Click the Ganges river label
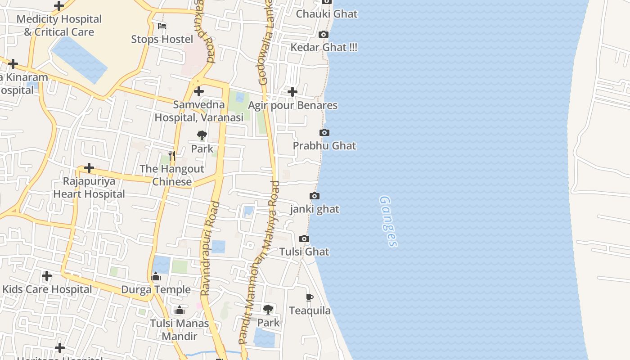coord(388,221)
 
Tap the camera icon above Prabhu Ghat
coord(324,132)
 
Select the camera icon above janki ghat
coord(315,196)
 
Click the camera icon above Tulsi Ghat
coord(304,238)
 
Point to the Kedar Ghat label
coord(324,47)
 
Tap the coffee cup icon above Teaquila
coord(309,297)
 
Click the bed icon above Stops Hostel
coord(162,26)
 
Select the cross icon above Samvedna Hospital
coord(199,92)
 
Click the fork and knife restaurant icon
coord(171,156)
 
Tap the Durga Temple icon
coord(156,276)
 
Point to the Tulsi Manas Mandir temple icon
coord(180,310)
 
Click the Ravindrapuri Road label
coord(210,248)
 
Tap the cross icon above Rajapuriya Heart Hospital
coord(89,168)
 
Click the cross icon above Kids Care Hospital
coord(47,275)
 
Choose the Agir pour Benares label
coord(293,105)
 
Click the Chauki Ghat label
coord(326,14)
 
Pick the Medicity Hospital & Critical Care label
coord(59,26)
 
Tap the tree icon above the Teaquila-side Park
coord(268,310)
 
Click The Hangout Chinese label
coord(172,175)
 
